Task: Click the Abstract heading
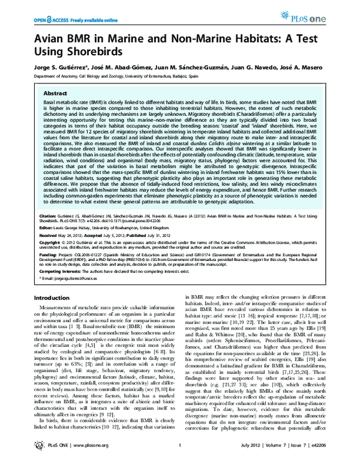(53, 94)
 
